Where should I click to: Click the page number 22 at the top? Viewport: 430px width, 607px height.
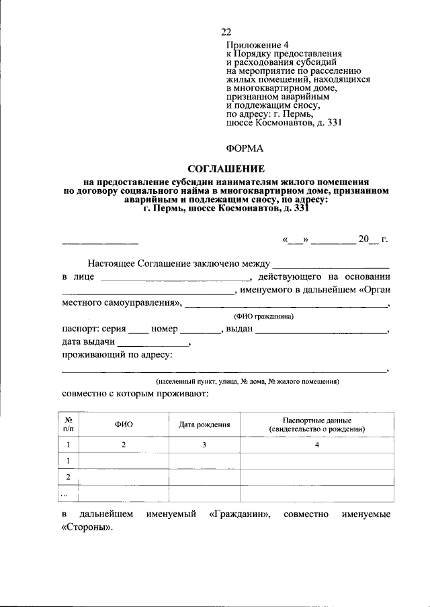coord(226,32)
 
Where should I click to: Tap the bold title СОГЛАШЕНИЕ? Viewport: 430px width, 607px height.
coord(225,168)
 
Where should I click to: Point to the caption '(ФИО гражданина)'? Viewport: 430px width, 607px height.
coord(264,316)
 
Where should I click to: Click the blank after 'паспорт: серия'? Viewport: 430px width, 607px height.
coord(138,330)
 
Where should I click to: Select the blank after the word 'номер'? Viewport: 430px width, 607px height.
coord(201,330)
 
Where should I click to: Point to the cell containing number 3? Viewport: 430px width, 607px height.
coord(204,445)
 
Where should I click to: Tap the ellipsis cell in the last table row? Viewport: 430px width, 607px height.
coord(66,494)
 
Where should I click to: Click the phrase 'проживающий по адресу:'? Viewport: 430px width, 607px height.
coord(117,355)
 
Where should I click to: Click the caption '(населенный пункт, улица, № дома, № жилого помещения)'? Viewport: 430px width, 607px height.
coord(248,381)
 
